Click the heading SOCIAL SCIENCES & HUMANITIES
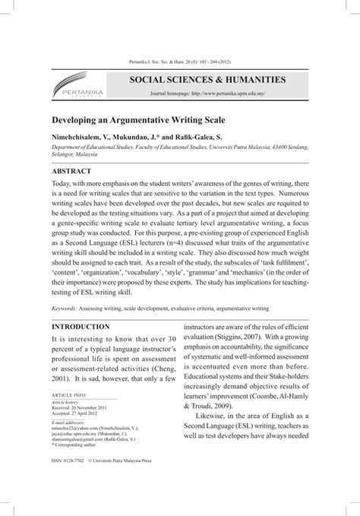click(x=207, y=79)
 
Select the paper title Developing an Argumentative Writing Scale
click(x=138, y=121)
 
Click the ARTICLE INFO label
click(x=68, y=396)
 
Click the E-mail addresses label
click(x=68, y=422)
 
